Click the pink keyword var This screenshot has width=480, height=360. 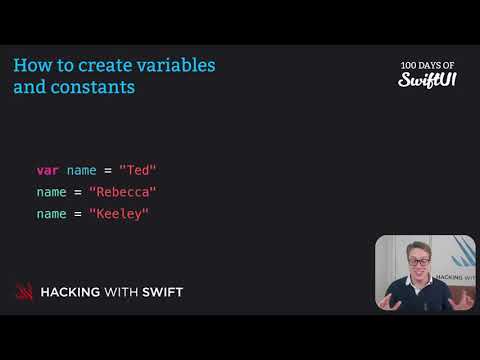[x=48, y=170]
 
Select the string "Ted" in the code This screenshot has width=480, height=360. [x=138, y=170]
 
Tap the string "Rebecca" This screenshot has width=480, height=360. [x=123, y=192]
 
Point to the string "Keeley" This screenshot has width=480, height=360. [x=119, y=213]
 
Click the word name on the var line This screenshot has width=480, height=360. [x=81, y=170]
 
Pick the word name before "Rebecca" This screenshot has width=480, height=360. [x=52, y=192]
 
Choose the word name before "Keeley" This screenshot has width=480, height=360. [x=52, y=213]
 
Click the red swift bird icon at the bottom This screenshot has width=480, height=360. [x=23, y=292]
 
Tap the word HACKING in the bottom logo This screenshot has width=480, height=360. [x=74, y=292]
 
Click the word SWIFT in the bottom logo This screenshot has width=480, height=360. [x=162, y=292]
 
